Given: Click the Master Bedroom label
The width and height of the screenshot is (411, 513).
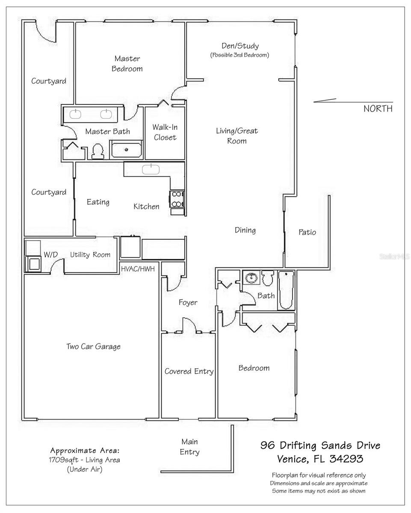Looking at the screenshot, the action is click(127, 63).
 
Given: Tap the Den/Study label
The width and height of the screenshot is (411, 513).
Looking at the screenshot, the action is click(240, 46).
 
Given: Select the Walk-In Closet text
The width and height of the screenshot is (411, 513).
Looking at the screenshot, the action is click(165, 132).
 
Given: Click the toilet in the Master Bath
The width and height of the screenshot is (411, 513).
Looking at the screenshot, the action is click(98, 151).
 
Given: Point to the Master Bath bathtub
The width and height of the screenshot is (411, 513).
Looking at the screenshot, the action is click(126, 150).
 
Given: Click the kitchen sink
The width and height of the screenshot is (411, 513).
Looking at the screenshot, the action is click(151, 169).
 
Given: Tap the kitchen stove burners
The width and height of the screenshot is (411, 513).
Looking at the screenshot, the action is click(177, 199).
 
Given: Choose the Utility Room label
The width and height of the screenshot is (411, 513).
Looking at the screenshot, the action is click(90, 255).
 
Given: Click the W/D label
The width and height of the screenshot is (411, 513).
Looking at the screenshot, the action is click(50, 254).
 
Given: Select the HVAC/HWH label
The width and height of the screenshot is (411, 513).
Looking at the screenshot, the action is click(138, 269).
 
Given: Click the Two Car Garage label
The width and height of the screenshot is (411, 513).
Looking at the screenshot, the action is click(93, 346).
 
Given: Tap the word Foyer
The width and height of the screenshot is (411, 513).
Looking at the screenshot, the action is click(188, 303).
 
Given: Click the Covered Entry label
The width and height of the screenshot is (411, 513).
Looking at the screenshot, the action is click(189, 371).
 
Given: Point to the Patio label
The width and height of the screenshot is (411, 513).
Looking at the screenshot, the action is click(307, 232).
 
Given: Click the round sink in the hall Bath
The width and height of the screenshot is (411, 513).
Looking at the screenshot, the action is click(251, 277).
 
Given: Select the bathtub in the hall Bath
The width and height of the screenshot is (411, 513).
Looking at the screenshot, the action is click(286, 290).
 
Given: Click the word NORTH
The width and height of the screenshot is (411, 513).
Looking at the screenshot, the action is click(378, 109).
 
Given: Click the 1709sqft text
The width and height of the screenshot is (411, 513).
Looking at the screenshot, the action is click(63, 460).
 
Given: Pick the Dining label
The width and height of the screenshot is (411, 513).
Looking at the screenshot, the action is click(245, 230).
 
